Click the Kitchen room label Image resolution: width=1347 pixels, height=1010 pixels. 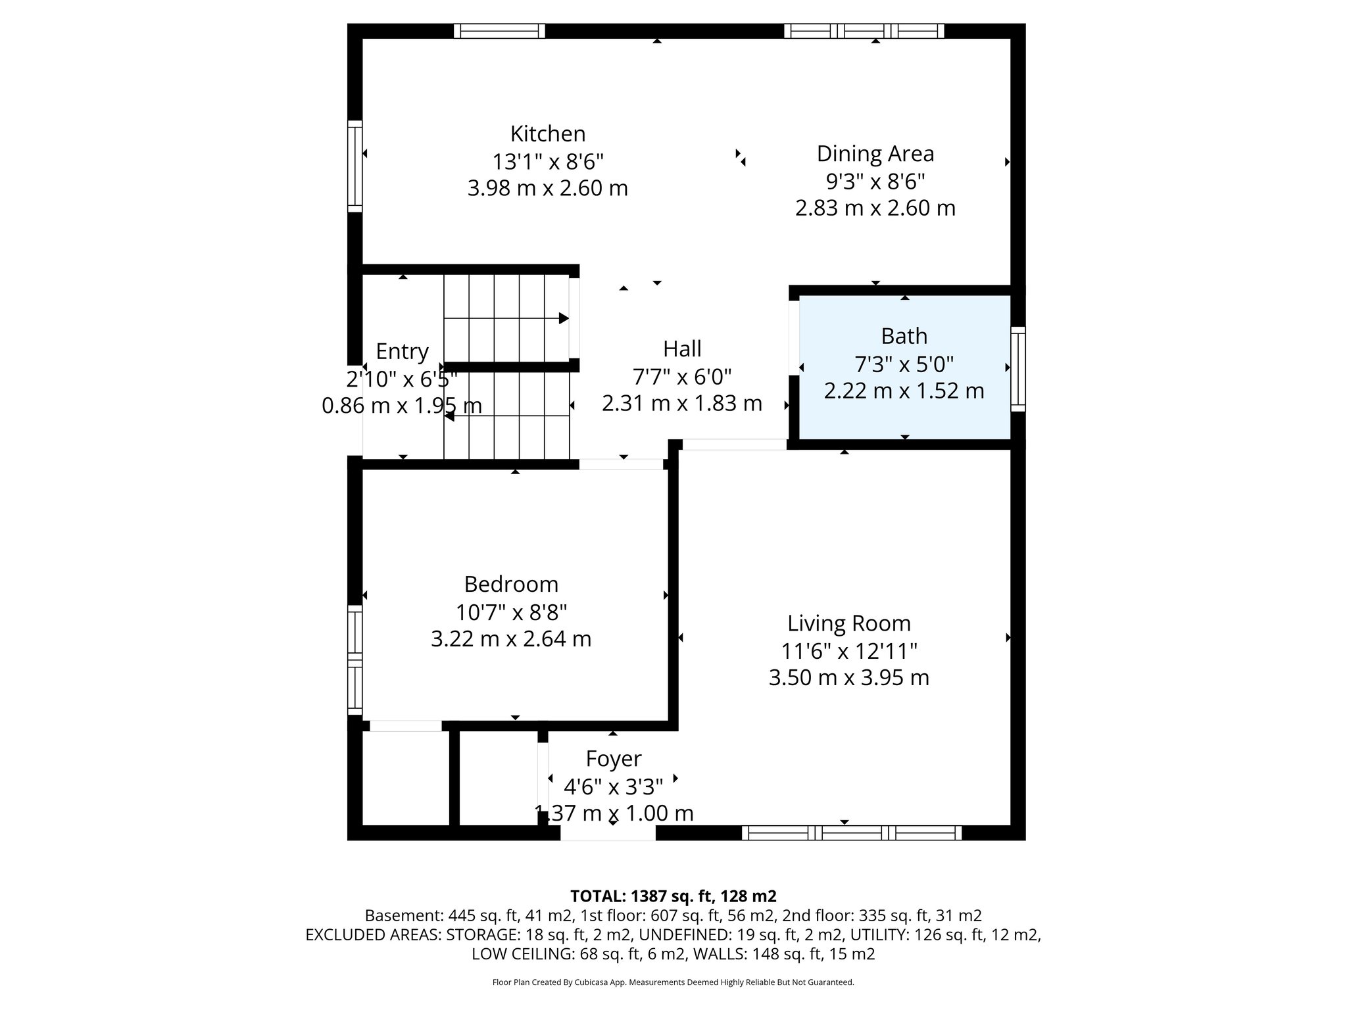pyautogui.click(x=547, y=134)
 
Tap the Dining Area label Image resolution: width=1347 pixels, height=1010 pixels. pyautogui.click(x=875, y=154)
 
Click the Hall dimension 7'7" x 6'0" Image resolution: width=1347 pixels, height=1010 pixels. pyautogui.click(x=682, y=377)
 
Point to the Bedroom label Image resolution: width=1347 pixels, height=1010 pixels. pyautogui.click(x=511, y=584)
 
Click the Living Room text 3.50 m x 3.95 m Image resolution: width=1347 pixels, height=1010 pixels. pyautogui.click(x=848, y=678)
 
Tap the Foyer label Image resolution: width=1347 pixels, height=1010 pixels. pyautogui.click(x=613, y=759)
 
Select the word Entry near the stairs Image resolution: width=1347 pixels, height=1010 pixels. pyautogui.click(x=402, y=352)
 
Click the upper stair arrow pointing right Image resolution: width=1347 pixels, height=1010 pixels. pyautogui.click(x=563, y=318)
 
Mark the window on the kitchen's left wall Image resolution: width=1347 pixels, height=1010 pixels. pyautogui.click(x=355, y=166)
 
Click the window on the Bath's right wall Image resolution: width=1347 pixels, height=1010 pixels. pyautogui.click(x=1017, y=369)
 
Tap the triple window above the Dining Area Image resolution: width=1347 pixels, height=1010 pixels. pyautogui.click(x=864, y=31)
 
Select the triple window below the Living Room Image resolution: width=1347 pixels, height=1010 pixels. pyautogui.click(x=852, y=833)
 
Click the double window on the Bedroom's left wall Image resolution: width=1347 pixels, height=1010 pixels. pyautogui.click(x=355, y=660)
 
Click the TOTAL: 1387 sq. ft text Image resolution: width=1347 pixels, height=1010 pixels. pyautogui.click(x=673, y=896)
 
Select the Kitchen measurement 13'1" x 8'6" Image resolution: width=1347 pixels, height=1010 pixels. pyautogui.click(x=547, y=161)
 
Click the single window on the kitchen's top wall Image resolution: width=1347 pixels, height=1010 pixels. pyautogui.click(x=499, y=31)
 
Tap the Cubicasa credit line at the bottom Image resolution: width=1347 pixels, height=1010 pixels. pyautogui.click(x=673, y=982)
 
